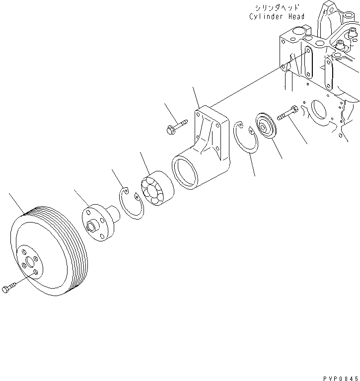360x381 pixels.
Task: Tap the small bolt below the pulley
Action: click(x=9, y=287)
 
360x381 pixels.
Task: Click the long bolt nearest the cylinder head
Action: click(x=288, y=114)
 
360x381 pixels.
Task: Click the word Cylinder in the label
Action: click(x=265, y=16)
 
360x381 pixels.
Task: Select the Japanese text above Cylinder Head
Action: click(x=277, y=8)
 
